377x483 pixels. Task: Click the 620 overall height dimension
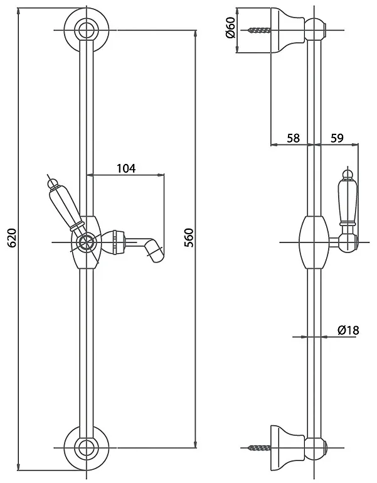coord(12,238)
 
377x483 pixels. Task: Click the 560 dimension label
coord(189,238)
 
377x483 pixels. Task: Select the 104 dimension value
coord(126,168)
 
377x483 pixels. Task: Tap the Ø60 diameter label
coord(230,28)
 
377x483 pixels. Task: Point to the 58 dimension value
coord(293,138)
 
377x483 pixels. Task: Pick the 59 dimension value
coord(337,138)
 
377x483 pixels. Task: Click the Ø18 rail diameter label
coord(348,330)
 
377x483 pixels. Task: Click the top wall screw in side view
coord(260,30)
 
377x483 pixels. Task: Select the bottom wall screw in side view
coord(260,447)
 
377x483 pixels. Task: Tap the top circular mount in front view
coord(87,30)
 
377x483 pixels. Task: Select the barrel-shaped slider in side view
coord(314,242)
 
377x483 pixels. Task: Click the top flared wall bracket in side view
coord(288,30)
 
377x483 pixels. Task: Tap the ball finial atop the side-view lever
coord(348,173)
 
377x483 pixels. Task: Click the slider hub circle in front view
coord(87,242)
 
